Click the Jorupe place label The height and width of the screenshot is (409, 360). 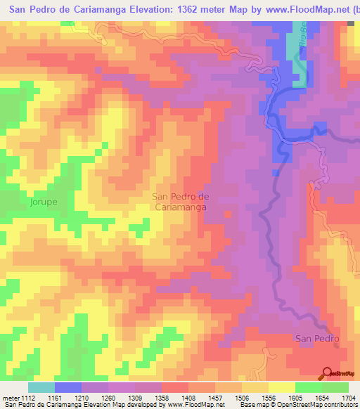(x=43, y=202)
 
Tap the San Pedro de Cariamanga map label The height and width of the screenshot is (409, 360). (x=181, y=202)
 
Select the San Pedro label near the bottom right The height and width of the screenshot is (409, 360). (x=317, y=339)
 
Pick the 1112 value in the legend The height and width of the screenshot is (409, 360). (x=27, y=398)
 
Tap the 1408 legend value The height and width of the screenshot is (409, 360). (x=191, y=398)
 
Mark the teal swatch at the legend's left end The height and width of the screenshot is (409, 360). (x=41, y=387)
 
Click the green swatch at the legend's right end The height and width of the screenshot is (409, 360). (x=335, y=387)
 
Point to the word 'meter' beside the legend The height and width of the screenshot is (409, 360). (x=10, y=398)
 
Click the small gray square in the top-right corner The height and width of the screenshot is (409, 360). (x=351, y=23)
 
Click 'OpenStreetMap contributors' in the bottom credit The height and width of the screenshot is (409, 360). (x=317, y=405)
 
